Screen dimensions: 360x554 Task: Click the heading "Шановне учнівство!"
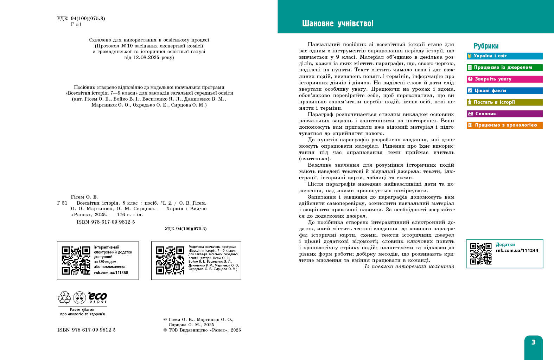(x=338, y=24)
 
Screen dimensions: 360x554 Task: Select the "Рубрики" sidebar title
(x=486, y=46)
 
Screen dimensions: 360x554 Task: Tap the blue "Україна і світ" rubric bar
(x=504, y=56)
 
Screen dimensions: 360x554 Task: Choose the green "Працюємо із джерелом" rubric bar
(x=504, y=67)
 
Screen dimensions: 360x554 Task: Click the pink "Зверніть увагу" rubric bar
(x=504, y=79)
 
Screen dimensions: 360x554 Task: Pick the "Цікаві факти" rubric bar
(x=504, y=91)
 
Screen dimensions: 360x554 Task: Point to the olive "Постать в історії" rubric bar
(x=504, y=102)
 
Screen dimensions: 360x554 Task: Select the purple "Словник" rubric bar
(x=504, y=114)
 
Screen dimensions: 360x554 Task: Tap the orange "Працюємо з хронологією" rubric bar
(x=504, y=125)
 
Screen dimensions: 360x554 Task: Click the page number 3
(x=533, y=342)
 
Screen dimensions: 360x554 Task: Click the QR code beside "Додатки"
(x=481, y=253)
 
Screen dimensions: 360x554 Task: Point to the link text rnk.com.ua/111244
(x=517, y=251)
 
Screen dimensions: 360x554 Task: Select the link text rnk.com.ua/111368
(x=111, y=273)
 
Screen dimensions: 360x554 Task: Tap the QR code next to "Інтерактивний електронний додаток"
(x=76, y=261)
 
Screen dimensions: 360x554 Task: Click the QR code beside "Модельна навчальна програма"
(x=170, y=261)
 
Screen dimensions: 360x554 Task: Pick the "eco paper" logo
(x=97, y=297)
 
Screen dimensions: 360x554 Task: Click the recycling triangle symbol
(x=64, y=298)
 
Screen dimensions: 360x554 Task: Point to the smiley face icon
(x=79, y=298)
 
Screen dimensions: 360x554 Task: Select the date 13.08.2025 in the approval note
(x=146, y=57)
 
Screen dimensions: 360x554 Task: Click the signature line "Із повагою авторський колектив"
(x=409, y=266)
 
